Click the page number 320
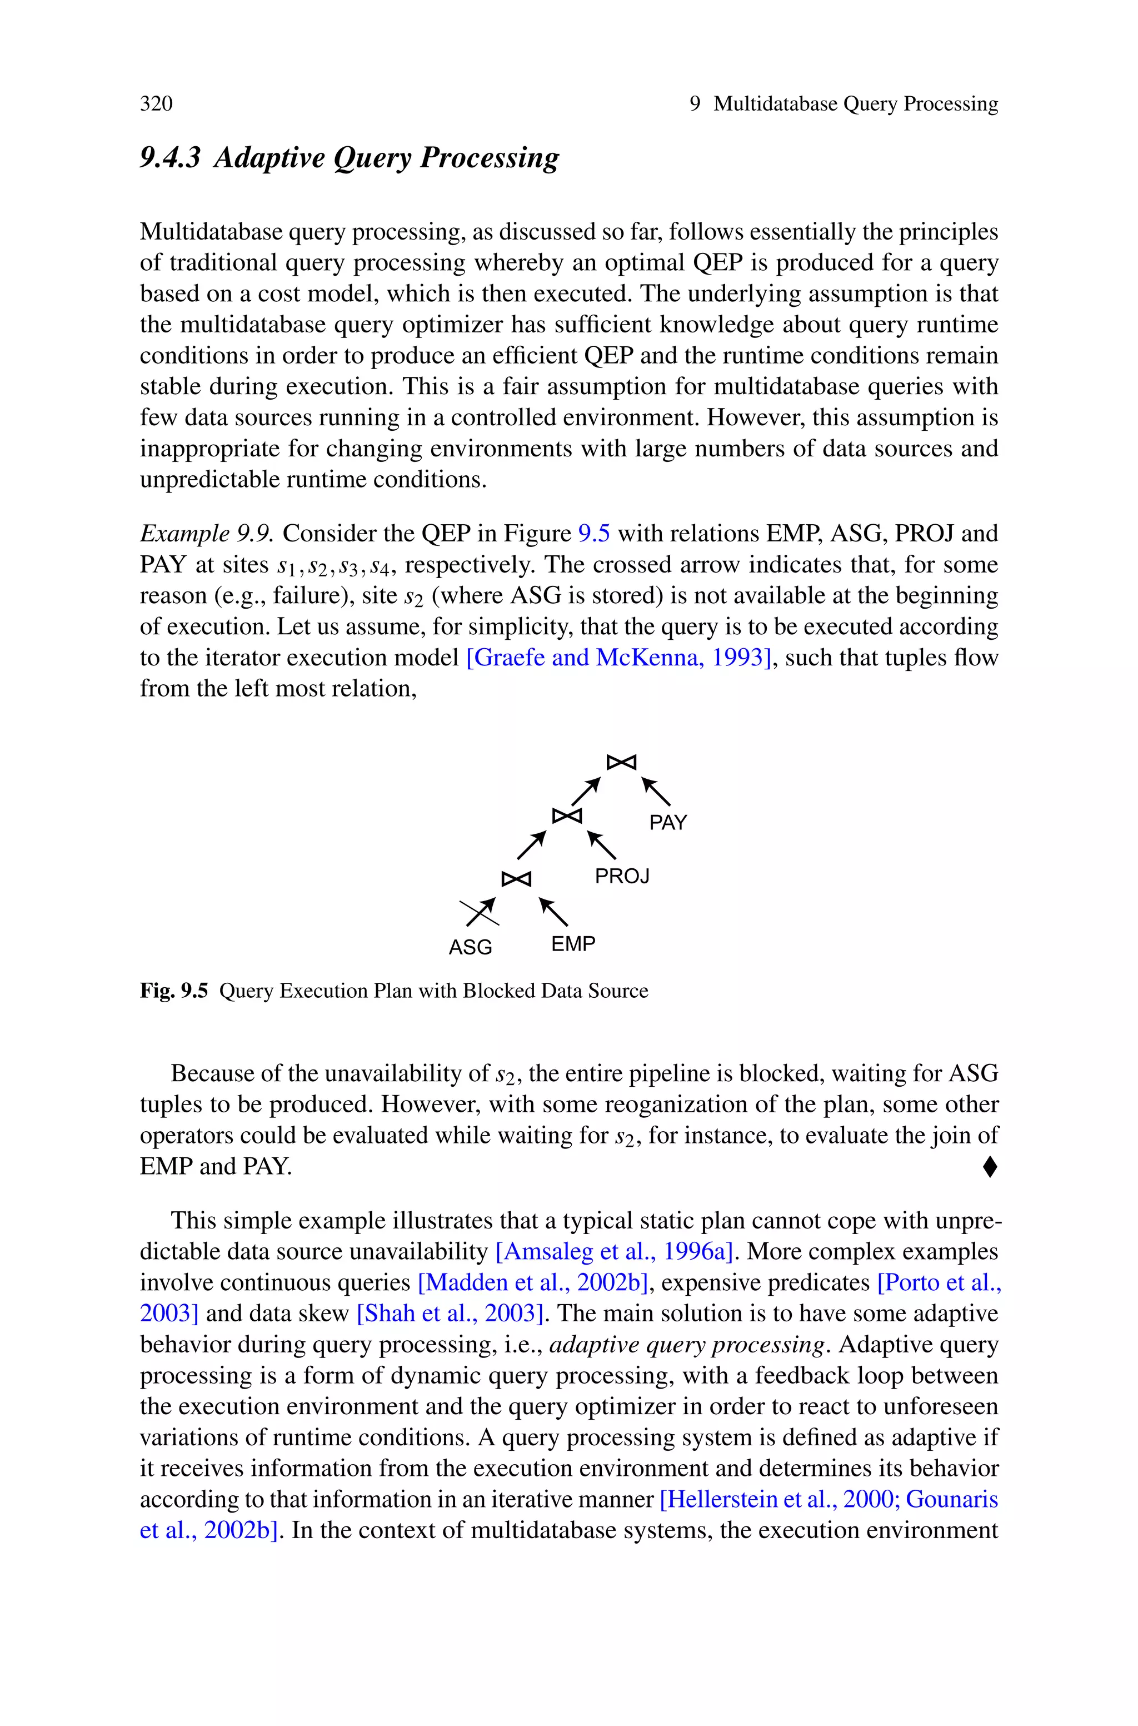(x=156, y=104)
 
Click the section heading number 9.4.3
(x=170, y=157)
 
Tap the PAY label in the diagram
(x=668, y=822)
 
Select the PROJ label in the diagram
(x=622, y=876)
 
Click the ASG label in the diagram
(x=470, y=947)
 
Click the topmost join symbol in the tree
(x=621, y=762)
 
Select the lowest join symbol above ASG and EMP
(x=516, y=879)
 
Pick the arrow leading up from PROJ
(x=602, y=845)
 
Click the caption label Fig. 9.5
(x=174, y=991)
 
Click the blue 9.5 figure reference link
(x=593, y=534)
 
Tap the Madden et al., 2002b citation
(x=535, y=1282)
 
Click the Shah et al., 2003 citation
(x=450, y=1314)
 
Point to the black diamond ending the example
(x=990, y=1167)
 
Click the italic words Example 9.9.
(x=206, y=534)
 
